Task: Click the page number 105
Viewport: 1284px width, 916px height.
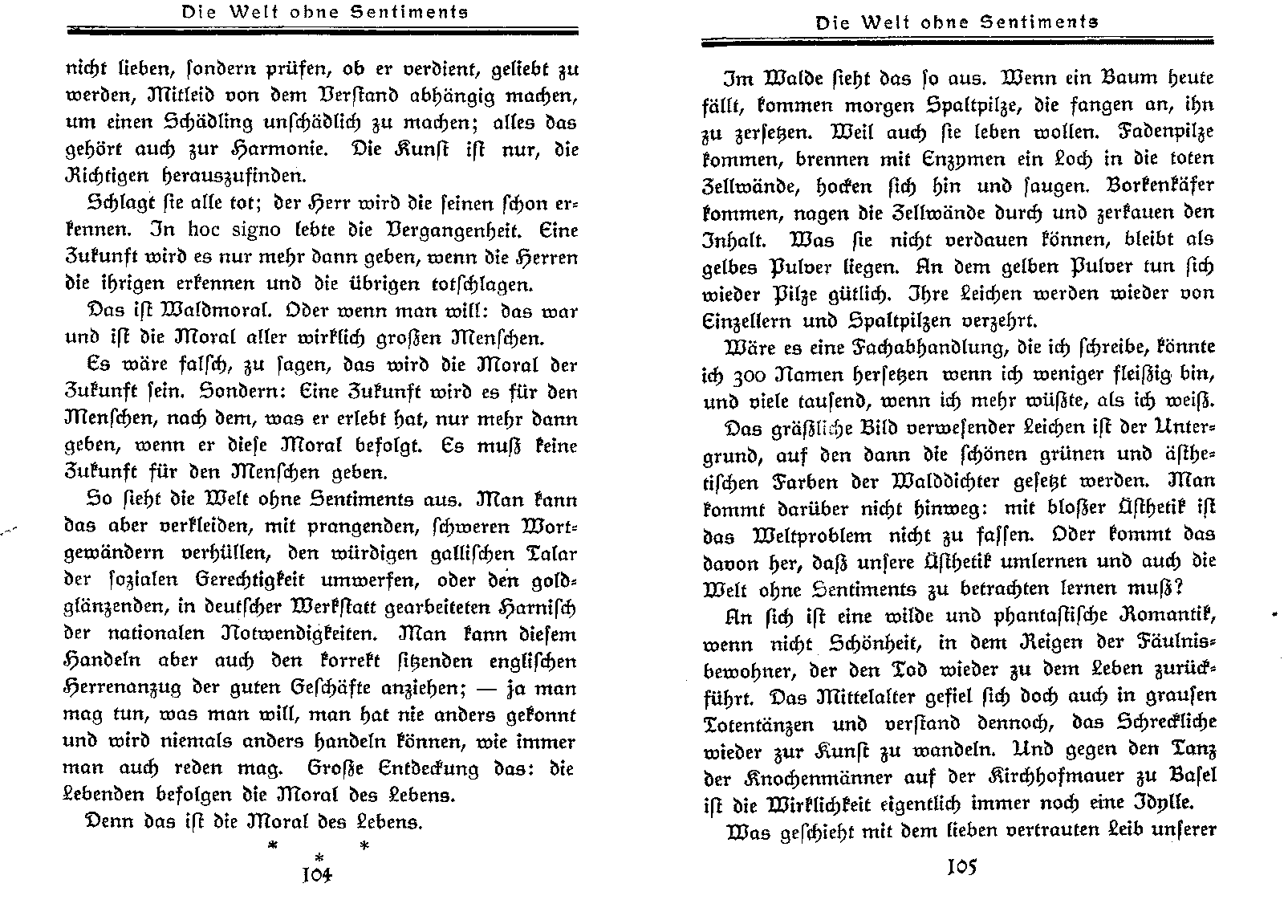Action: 961,869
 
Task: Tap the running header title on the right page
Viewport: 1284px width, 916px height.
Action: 957,23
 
